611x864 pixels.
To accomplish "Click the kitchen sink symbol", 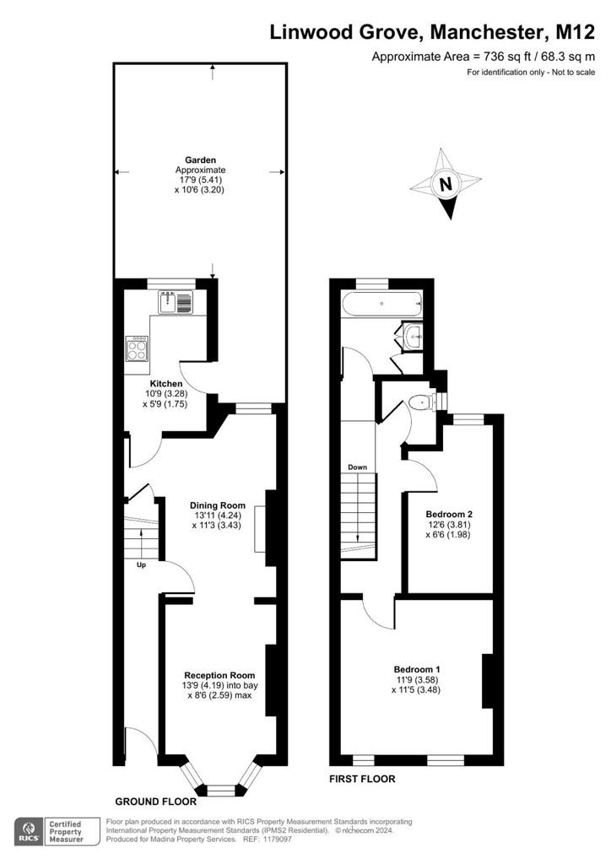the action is pyautogui.click(x=176, y=302).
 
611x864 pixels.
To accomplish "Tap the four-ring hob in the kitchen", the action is pyautogui.click(x=138, y=348).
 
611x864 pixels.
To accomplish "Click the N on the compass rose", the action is pyautogui.click(x=446, y=184).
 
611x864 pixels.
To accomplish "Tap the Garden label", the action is pyautogui.click(x=201, y=160).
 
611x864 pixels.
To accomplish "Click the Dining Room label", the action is pyautogui.click(x=218, y=505).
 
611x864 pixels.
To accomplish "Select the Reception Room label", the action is pyautogui.click(x=219, y=675).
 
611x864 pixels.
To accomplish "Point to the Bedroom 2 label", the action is pyautogui.click(x=449, y=514).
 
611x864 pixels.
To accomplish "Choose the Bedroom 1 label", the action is pyautogui.click(x=417, y=669).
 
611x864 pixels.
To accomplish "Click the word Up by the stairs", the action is pyautogui.click(x=141, y=565).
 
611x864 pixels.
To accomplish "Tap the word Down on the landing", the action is pyautogui.click(x=357, y=467).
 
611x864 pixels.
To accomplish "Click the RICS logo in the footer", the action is pyautogui.click(x=28, y=832).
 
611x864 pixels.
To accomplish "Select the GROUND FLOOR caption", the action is pyautogui.click(x=156, y=802).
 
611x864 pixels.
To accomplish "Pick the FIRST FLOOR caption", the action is pyautogui.click(x=362, y=779).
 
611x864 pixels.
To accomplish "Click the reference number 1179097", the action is pyautogui.click(x=278, y=840).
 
